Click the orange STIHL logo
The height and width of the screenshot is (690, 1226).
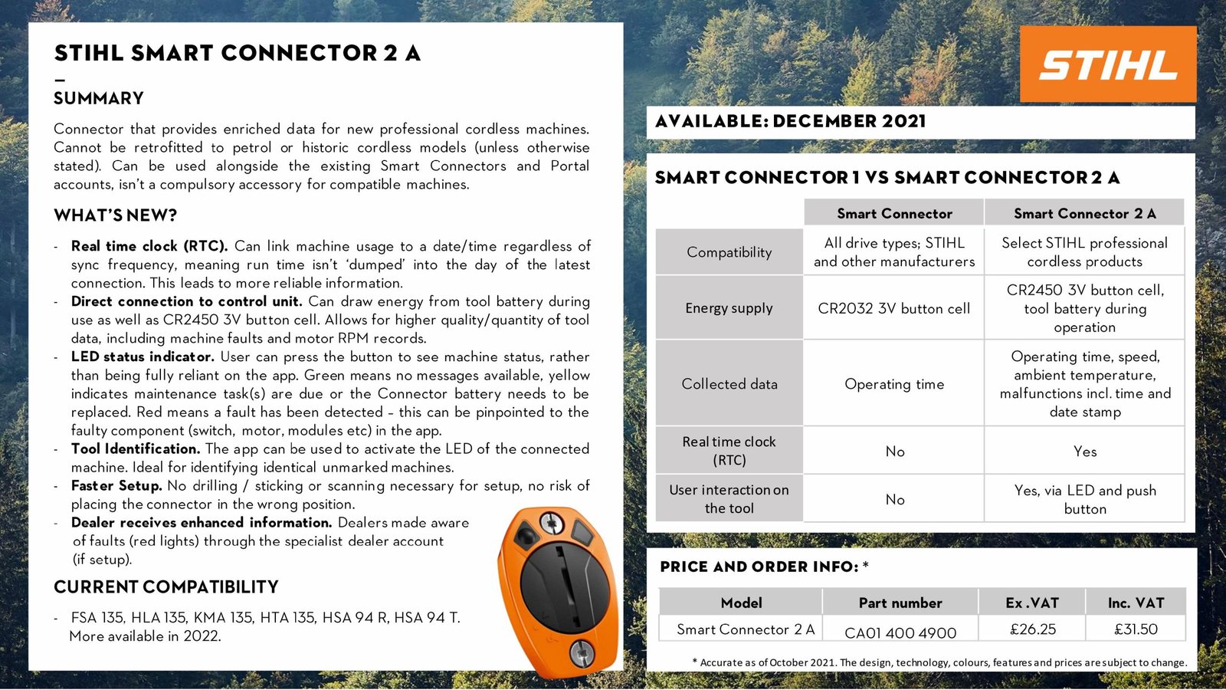[1107, 64]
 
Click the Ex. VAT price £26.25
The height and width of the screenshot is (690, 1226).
[1032, 629]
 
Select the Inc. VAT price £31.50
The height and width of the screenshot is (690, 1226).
[1136, 629]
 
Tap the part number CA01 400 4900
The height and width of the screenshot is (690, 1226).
[900, 632]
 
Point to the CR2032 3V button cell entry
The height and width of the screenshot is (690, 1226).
[893, 308]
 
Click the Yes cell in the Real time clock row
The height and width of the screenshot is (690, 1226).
[1084, 452]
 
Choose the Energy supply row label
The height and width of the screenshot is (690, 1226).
[729, 308]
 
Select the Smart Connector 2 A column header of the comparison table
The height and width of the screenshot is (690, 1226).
[1084, 213]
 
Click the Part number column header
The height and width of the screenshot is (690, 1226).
[900, 603]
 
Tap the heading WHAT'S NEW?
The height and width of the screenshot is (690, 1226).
[115, 215]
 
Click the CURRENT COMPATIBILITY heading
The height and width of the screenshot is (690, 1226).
[166, 587]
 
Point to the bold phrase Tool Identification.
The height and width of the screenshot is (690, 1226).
[136, 449]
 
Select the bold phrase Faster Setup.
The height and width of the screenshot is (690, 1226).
[116, 485]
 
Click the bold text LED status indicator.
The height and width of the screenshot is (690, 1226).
[143, 356]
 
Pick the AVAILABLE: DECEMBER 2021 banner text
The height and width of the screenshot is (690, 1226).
[790, 121]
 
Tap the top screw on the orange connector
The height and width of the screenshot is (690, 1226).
[551, 524]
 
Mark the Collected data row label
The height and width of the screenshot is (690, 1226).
[729, 384]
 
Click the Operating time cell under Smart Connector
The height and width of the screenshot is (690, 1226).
[893, 384]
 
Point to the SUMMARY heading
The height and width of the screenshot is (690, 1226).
[99, 98]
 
